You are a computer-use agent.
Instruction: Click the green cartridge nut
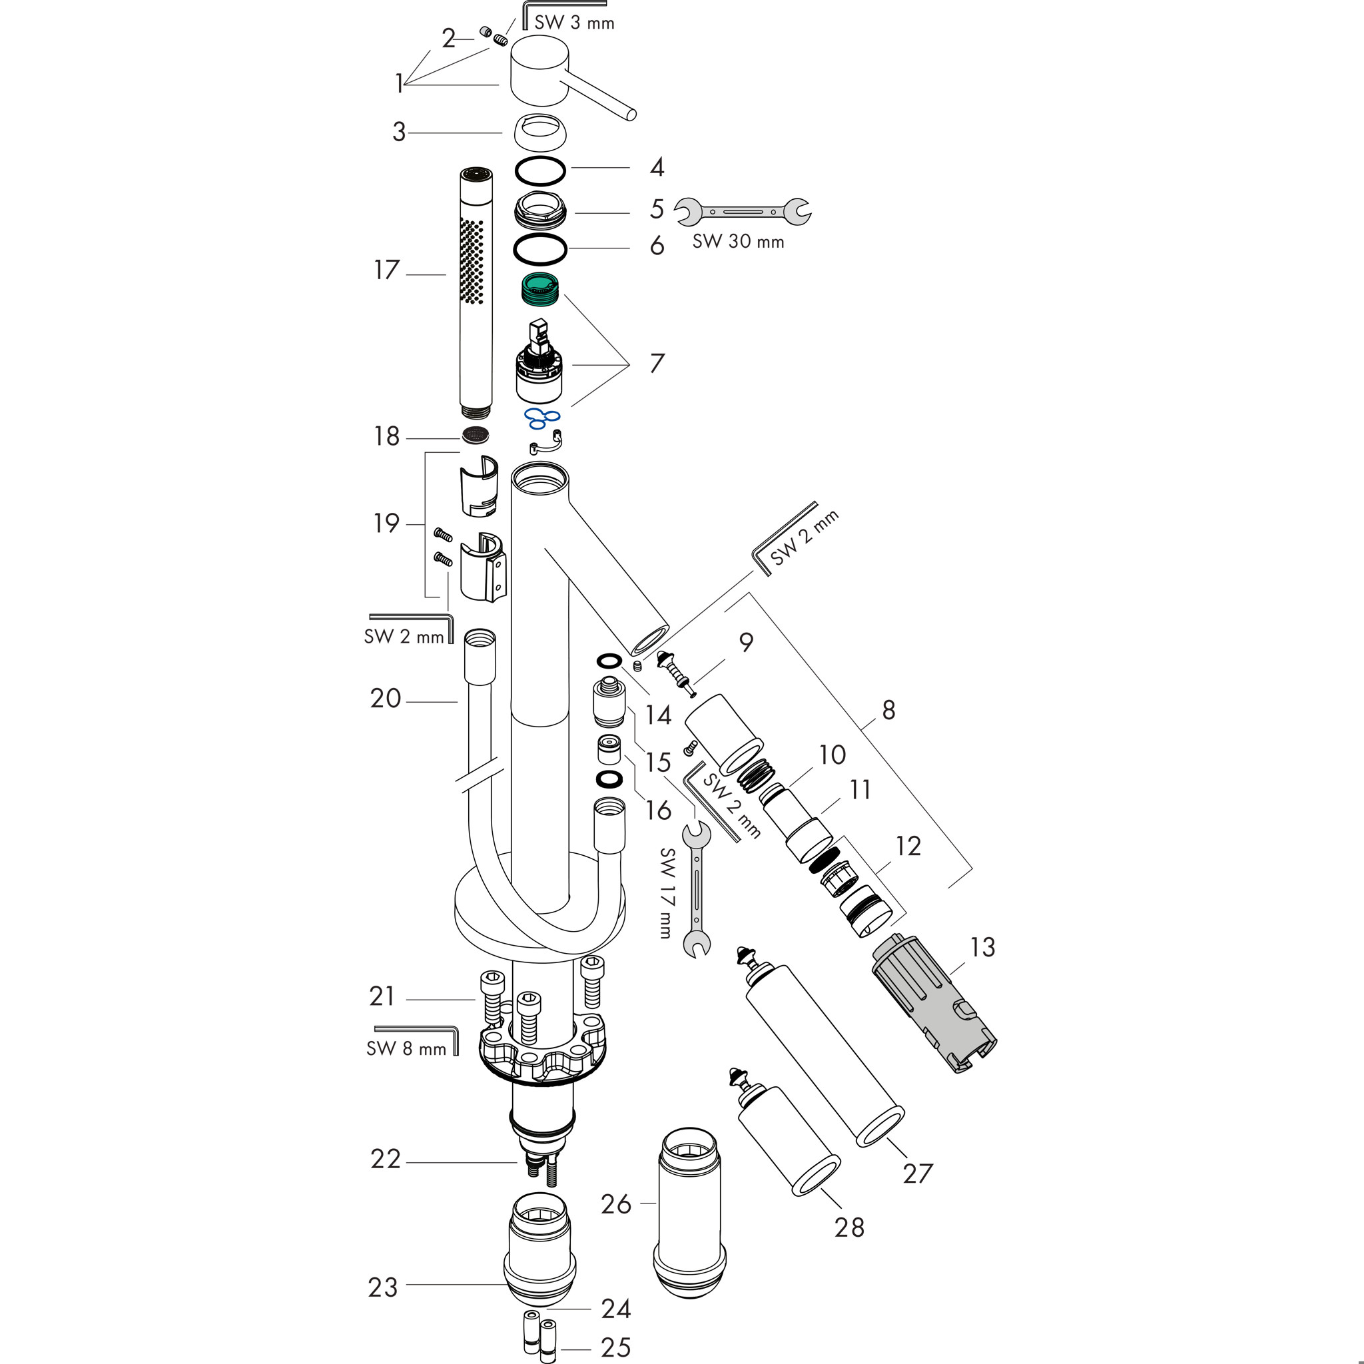[540, 289]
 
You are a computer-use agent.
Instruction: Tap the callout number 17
[386, 270]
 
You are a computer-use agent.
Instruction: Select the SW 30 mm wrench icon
[742, 211]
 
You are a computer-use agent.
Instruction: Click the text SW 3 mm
[574, 23]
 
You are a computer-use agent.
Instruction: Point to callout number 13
[982, 948]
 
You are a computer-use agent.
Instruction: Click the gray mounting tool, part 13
[932, 1003]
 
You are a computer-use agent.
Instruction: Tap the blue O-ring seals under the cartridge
[541, 418]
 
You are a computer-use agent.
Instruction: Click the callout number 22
[386, 1159]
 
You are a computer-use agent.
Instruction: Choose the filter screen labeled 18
[475, 436]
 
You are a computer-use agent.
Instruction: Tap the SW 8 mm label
[406, 1048]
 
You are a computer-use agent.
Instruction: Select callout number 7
[657, 364]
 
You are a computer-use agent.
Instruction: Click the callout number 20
[386, 698]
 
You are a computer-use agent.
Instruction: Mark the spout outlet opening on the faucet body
[649, 639]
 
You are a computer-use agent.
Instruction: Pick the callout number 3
[399, 132]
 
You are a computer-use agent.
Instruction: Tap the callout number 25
[615, 1347]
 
